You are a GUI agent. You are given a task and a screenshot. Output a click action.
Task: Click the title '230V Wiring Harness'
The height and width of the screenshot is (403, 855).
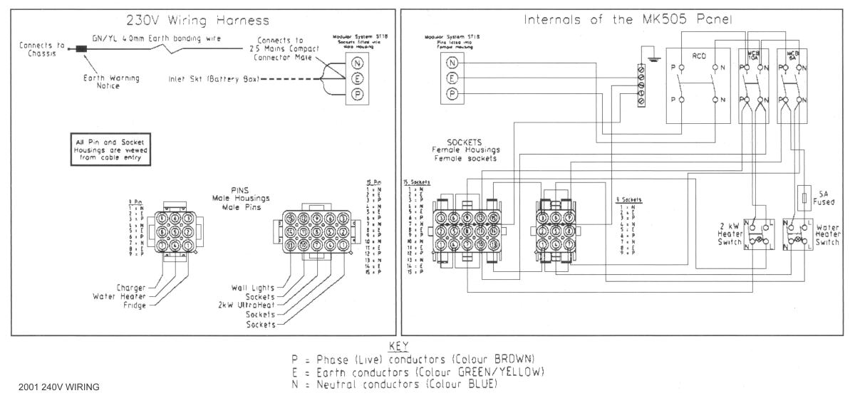tap(197, 20)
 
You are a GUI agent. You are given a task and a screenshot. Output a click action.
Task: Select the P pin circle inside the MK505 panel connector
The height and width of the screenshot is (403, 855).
tap(451, 94)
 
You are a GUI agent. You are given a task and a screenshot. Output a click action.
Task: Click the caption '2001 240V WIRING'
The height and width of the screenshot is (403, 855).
tap(55, 387)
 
